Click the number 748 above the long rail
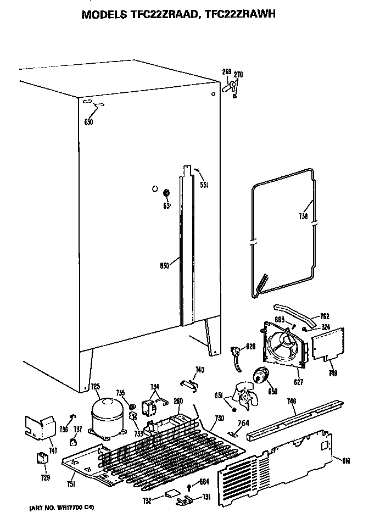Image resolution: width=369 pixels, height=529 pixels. point(292,402)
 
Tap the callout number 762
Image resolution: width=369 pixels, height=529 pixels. point(325,316)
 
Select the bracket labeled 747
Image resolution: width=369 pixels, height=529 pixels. point(41,428)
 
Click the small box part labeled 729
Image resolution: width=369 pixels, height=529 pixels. point(41,458)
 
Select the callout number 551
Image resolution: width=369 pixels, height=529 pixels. point(204,185)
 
